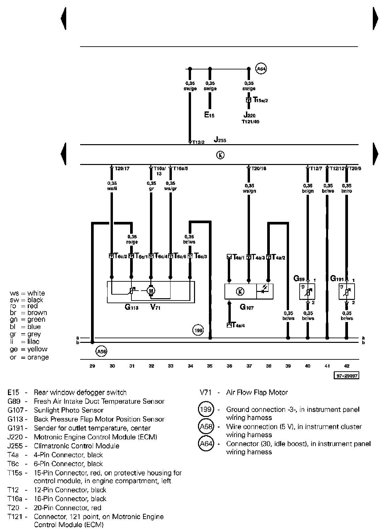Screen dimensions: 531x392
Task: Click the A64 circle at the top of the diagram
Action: tap(262, 69)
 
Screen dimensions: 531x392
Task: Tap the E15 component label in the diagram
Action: tap(209, 115)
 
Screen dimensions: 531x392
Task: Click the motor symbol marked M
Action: tap(151, 291)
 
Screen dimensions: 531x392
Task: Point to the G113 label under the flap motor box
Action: tap(131, 307)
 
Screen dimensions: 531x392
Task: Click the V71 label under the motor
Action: tap(155, 307)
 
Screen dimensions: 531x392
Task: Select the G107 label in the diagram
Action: tap(247, 307)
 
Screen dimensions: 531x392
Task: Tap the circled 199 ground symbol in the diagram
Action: tap(198, 330)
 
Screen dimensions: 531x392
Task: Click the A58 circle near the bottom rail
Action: tap(101, 351)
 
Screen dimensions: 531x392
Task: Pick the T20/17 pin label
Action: tap(122, 168)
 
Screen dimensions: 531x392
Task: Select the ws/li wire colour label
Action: tap(112, 188)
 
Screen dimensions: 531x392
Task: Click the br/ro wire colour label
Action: tap(347, 191)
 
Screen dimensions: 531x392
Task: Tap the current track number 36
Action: tap(229, 366)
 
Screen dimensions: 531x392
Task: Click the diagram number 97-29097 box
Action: tap(346, 376)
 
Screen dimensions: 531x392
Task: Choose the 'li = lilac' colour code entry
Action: tap(29, 342)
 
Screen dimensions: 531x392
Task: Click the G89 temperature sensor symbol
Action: tap(307, 292)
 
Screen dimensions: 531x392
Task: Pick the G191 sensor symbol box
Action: tap(347, 292)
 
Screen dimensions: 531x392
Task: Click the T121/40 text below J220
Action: tap(250, 122)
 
